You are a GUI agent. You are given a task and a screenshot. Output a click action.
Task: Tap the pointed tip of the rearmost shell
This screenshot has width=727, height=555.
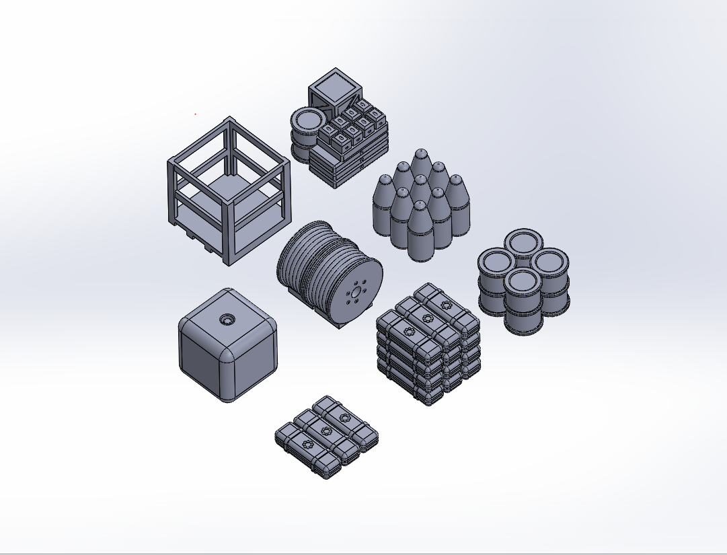pyautogui.click(x=420, y=153)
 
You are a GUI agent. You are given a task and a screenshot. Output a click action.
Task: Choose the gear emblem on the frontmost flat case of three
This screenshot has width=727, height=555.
pyautogui.click(x=309, y=443)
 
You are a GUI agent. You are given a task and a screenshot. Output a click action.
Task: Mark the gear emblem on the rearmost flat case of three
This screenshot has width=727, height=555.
pyautogui.click(x=345, y=418)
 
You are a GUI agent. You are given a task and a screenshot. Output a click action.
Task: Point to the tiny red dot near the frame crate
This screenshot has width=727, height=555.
pyautogui.click(x=196, y=114)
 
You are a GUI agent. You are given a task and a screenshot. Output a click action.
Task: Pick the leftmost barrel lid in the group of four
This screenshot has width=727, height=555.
pyautogui.click(x=496, y=261)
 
